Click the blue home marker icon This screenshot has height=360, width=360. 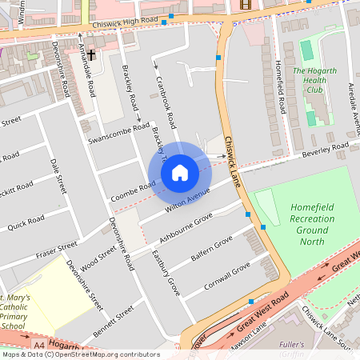(180, 173)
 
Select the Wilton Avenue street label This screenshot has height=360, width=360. (187, 202)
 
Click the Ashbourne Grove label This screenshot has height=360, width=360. (186, 227)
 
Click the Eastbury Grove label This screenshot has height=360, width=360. (166, 272)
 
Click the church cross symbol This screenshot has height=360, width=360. (91, 55)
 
